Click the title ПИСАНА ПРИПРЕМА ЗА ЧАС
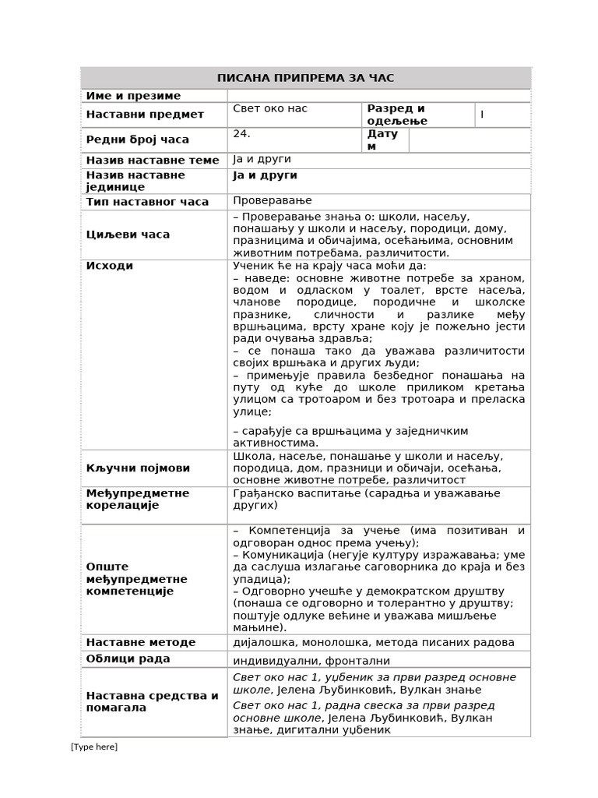click(x=305, y=78)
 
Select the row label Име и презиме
click(x=133, y=96)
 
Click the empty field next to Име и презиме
click(x=378, y=96)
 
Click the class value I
click(x=482, y=115)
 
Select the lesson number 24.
click(x=241, y=133)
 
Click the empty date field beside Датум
click(x=469, y=140)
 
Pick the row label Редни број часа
click(x=137, y=139)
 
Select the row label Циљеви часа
click(x=128, y=235)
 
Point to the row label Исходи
click(x=110, y=266)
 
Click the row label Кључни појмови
click(x=138, y=468)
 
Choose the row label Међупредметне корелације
click(x=137, y=499)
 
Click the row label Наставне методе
click(x=141, y=642)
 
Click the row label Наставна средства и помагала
click(x=152, y=701)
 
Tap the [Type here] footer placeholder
click(x=94, y=747)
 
